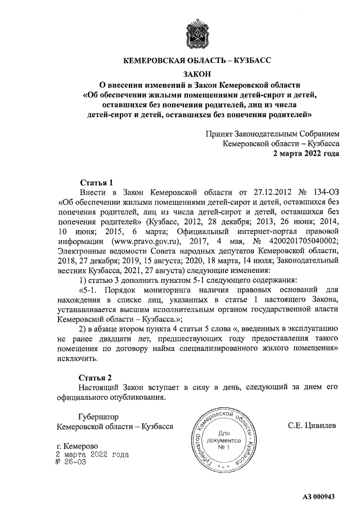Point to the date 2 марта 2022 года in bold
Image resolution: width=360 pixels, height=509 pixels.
(306, 154)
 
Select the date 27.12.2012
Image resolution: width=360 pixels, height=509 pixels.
(261, 192)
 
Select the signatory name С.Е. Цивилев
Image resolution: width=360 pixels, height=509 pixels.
(312, 426)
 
